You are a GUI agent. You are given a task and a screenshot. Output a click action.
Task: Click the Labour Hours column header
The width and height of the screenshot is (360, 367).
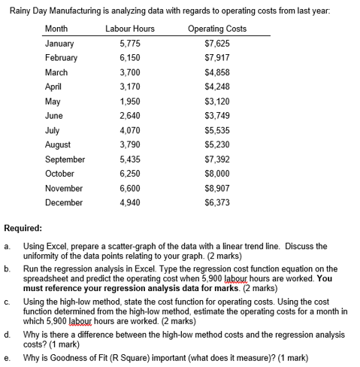130,29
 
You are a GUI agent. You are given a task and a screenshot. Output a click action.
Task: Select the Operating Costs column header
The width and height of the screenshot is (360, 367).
218,29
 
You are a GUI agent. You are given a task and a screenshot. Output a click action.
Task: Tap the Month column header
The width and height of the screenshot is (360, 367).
56,29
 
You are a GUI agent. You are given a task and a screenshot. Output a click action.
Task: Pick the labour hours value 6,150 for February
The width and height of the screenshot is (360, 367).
130,58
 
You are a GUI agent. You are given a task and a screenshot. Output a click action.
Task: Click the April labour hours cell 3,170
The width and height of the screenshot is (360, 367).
130,86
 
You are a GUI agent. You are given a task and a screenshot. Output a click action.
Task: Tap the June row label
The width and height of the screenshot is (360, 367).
54,116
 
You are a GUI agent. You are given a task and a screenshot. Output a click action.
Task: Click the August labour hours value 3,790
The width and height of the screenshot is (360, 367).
130,144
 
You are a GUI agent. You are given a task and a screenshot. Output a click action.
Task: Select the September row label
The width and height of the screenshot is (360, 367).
65,159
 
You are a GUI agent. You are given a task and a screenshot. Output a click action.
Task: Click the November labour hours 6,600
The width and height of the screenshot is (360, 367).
130,188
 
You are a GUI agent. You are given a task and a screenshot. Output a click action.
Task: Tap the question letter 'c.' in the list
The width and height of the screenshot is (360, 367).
7,301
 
